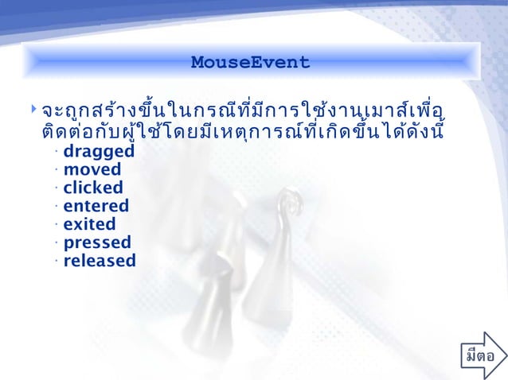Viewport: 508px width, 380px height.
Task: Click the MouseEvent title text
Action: click(250, 62)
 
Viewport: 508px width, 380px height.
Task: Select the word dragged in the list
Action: click(99, 151)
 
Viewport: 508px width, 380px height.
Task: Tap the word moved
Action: click(92, 169)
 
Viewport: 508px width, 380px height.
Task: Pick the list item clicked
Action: click(93, 188)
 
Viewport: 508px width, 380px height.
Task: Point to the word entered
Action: click(96, 206)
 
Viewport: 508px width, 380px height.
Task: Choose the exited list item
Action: click(89, 224)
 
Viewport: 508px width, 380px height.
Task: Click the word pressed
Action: click(97, 242)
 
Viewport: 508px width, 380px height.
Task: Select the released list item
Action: click(100, 261)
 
